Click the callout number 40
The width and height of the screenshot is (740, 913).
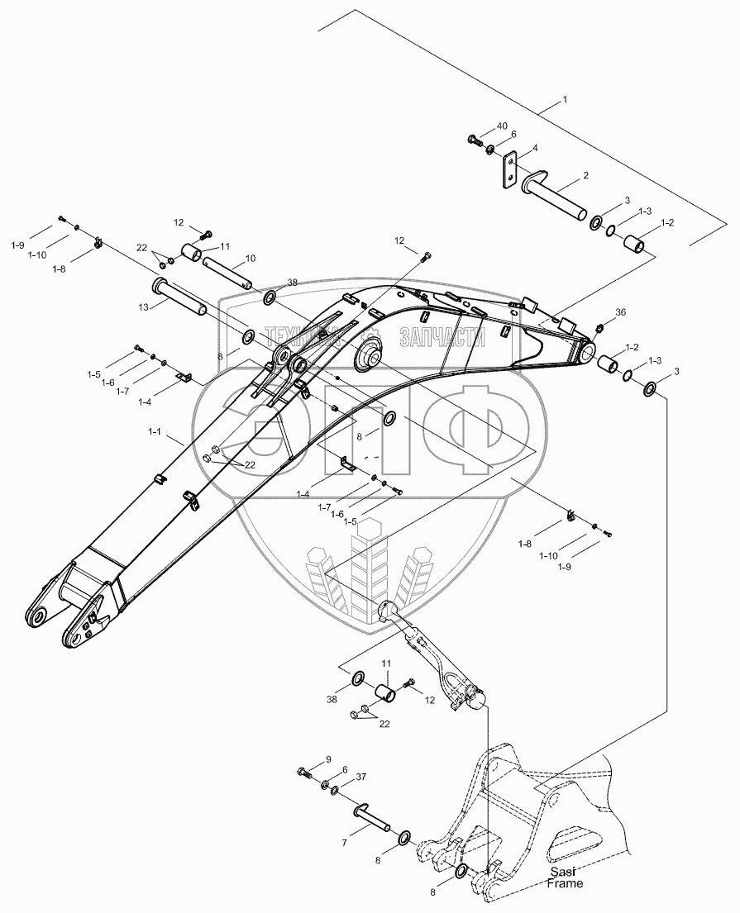pyautogui.click(x=501, y=126)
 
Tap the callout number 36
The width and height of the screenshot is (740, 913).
pyautogui.click(x=620, y=312)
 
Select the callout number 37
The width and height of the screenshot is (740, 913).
pyautogui.click(x=360, y=777)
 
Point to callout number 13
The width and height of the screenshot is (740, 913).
pyautogui.click(x=143, y=307)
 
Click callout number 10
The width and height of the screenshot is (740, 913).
pyautogui.click(x=250, y=258)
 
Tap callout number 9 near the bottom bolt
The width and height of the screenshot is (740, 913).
pyautogui.click(x=327, y=759)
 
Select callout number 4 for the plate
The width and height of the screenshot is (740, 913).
pyautogui.click(x=535, y=148)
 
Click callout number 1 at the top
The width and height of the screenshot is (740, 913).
pyautogui.click(x=565, y=98)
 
